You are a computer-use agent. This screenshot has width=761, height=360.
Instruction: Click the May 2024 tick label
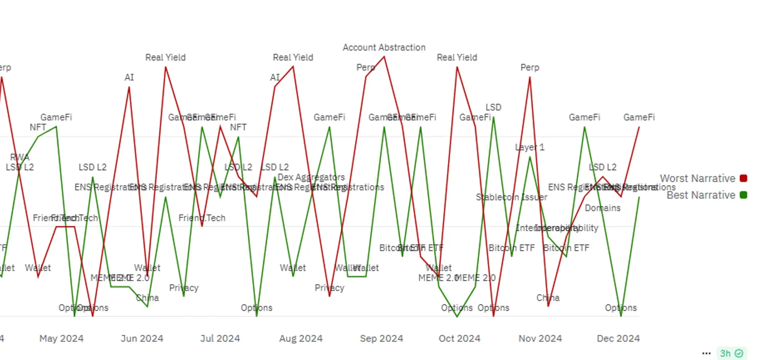click(x=62, y=339)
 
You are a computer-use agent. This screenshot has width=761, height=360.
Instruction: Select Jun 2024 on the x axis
click(x=142, y=339)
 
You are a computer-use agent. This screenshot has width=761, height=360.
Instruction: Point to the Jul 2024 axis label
click(x=220, y=339)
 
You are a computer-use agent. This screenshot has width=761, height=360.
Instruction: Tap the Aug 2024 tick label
click(x=301, y=339)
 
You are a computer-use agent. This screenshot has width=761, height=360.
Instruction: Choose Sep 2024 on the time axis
click(x=382, y=339)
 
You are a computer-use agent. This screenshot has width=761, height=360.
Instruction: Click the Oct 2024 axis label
click(x=459, y=339)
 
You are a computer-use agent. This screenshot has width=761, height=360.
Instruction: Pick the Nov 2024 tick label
click(x=540, y=339)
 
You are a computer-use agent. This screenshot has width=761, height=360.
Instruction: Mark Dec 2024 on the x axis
click(x=618, y=339)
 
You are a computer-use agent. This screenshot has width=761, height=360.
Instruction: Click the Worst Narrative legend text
click(x=697, y=179)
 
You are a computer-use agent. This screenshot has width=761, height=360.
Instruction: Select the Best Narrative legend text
click(x=701, y=195)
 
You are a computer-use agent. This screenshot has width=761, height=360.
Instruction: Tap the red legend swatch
click(x=743, y=178)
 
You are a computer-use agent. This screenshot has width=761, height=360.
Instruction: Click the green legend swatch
click(x=743, y=195)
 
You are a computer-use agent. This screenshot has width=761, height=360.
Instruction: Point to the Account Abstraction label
click(x=384, y=48)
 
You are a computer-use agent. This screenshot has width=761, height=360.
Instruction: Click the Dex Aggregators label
click(x=311, y=177)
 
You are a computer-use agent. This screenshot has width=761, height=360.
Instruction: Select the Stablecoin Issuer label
click(x=511, y=197)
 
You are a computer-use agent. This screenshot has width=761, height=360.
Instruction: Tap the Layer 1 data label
click(x=530, y=147)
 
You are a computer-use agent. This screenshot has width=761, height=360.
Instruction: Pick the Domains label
click(x=602, y=208)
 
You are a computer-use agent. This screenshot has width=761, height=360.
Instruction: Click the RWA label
click(x=20, y=157)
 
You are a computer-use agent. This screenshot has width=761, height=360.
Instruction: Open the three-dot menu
click(x=707, y=353)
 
